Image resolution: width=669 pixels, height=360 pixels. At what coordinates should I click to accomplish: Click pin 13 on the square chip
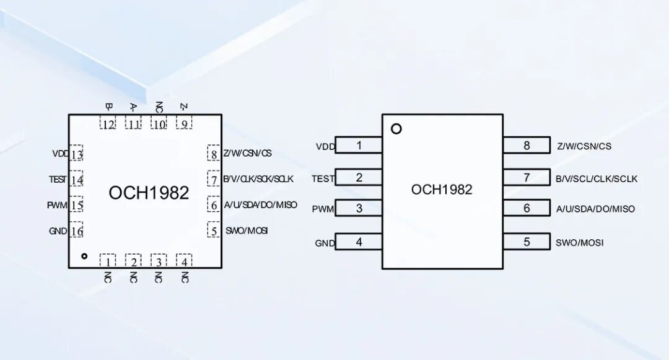click(x=76, y=153)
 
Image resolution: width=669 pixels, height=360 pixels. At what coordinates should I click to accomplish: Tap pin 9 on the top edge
click(x=185, y=123)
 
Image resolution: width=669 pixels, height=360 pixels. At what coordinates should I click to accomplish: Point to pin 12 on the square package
click(x=108, y=123)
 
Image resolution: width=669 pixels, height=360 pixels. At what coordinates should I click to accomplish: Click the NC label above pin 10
click(x=159, y=107)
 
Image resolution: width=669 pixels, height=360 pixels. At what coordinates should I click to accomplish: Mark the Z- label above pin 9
click(x=184, y=106)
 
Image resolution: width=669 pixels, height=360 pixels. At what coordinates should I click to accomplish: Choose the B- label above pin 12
click(x=108, y=106)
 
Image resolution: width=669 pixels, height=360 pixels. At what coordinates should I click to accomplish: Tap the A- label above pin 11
click(x=133, y=107)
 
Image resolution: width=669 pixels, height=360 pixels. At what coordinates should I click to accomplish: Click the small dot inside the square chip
click(x=84, y=256)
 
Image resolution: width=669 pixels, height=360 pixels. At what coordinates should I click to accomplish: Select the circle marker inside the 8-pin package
click(x=396, y=129)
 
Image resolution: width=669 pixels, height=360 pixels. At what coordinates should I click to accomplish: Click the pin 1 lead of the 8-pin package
click(x=359, y=145)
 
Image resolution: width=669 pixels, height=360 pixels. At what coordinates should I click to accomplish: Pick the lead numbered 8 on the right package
click(x=527, y=145)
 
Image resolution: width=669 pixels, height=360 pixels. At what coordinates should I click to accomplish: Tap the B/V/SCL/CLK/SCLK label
click(x=597, y=178)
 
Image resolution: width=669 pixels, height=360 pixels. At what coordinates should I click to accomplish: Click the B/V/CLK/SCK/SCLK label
click(x=258, y=178)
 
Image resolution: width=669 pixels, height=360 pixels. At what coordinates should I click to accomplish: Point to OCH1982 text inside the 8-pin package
click(x=442, y=190)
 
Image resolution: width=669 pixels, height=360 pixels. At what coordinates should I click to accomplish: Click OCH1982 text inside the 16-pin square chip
click(x=149, y=193)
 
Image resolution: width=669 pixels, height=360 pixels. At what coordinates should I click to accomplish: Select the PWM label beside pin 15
click(x=57, y=205)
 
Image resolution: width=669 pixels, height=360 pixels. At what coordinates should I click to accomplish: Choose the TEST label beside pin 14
click(x=58, y=180)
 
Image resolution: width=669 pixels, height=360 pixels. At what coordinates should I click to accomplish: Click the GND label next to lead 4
click(x=325, y=243)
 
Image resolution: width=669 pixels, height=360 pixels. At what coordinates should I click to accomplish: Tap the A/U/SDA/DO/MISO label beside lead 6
click(x=596, y=209)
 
